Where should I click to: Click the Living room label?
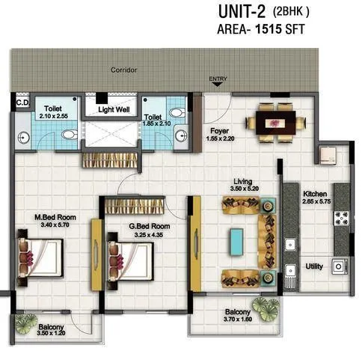pyautogui.click(x=242, y=182)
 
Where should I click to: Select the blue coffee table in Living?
pyautogui.click(x=238, y=240)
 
